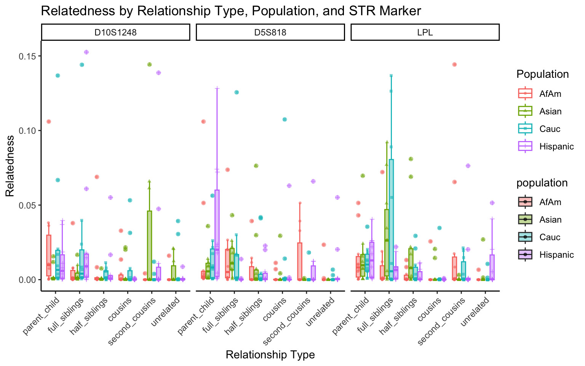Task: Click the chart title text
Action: (231, 11)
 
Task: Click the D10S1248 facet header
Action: (115, 32)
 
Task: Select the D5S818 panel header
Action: (270, 32)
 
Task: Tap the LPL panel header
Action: (425, 32)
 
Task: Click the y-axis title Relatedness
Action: (10, 166)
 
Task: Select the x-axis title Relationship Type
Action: (270, 355)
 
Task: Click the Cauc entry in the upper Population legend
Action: (550, 129)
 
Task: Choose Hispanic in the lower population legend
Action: (556, 255)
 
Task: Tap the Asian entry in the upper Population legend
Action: (550, 111)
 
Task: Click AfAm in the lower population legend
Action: (550, 202)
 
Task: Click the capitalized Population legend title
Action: (542, 74)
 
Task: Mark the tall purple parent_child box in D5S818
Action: (217, 233)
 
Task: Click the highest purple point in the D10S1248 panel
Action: (86, 52)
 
